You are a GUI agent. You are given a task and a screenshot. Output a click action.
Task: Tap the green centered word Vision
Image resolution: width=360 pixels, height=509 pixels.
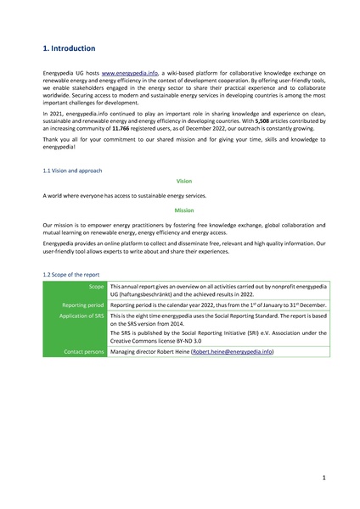pos(184,182)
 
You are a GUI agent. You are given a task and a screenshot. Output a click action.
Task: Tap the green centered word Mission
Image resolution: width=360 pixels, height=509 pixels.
pos(184,209)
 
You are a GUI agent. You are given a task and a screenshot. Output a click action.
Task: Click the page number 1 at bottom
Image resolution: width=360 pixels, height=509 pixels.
pos(324,478)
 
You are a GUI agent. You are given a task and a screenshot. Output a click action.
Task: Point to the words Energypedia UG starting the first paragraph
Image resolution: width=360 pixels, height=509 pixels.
pos(62,75)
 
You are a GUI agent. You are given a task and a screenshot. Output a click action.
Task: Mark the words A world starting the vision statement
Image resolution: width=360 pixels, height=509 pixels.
pos(53,195)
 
